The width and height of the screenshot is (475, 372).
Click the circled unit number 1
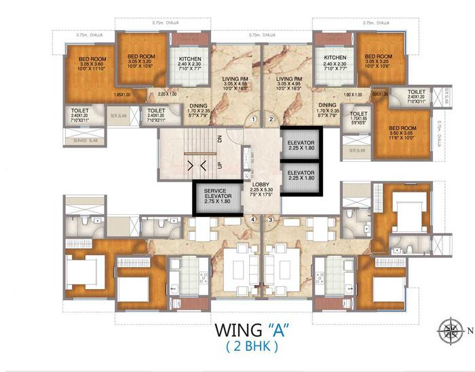[x=253, y=120]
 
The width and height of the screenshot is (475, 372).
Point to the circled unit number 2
[x=271, y=120]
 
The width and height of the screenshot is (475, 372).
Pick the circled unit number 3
[x=270, y=220]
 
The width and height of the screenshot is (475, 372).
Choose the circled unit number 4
[x=253, y=220]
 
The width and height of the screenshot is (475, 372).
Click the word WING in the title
[x=238, y=331]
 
